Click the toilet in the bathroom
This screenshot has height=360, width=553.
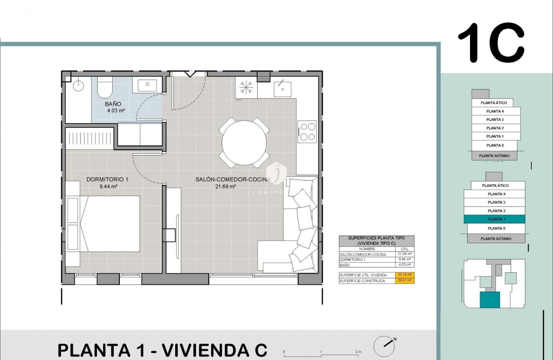point(105,87)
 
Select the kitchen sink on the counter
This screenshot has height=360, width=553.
point(283,88)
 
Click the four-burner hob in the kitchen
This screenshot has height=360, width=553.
point(307,131)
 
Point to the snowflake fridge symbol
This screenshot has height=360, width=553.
point(246,88)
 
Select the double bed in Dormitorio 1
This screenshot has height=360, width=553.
point(110,223)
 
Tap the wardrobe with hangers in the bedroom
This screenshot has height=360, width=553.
point(89,138)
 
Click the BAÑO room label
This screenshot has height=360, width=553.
point(113,104)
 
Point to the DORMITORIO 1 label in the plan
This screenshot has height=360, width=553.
point(107,179)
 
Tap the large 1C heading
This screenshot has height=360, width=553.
point(491,43)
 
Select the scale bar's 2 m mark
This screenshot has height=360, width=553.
point(358,352)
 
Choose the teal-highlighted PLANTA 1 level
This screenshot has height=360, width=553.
point(494,219)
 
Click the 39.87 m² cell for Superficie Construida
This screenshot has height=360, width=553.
point(405,281)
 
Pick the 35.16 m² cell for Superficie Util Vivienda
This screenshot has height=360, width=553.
point(405,275)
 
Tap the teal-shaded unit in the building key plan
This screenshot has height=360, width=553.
point(490,300)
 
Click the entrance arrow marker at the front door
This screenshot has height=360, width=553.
point(190,74)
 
